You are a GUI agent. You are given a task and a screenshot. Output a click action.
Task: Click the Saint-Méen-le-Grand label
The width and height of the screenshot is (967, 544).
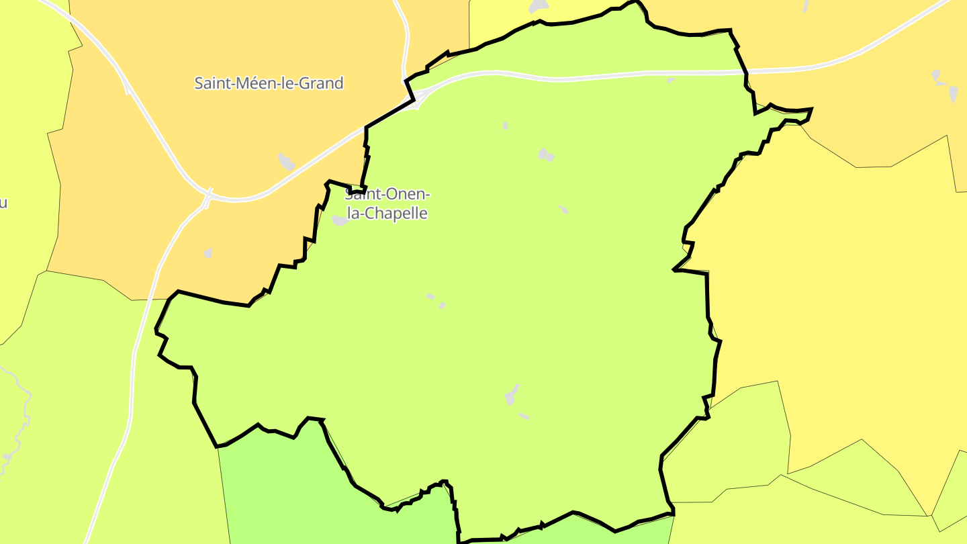click(x=269, y=83)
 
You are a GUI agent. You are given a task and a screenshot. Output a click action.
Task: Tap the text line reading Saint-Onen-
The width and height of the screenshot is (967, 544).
click(x=387, y=195)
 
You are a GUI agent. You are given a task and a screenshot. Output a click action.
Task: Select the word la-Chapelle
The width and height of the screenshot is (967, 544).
click(x=387, y=214)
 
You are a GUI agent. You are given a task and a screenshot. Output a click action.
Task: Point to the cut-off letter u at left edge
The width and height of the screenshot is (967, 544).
click(x=3, y=203)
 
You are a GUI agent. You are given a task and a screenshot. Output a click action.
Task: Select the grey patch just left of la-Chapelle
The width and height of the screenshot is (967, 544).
click(x=340, y=220)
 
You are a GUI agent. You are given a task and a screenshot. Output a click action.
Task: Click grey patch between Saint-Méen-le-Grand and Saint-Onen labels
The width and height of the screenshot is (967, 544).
click(x=286, y=161)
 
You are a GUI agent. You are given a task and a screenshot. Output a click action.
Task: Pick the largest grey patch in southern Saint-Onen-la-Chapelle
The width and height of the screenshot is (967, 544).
click(x=512, y=396)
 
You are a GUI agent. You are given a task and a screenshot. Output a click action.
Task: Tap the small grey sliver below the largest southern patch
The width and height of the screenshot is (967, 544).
click(x=524, y=416)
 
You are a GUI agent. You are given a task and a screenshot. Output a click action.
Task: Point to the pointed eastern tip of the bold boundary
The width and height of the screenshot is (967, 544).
click(x=811, y=109)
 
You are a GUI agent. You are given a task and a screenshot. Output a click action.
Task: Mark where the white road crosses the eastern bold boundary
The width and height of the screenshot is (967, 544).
click(x=746, y=71)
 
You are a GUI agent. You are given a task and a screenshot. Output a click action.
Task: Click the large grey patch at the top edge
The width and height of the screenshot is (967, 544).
click(x=539, y=6)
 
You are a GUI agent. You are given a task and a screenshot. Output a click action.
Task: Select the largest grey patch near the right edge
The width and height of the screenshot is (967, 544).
click(x=953, y=93)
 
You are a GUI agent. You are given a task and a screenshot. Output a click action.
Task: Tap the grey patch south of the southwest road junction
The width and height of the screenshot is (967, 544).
click(x=208, y=253)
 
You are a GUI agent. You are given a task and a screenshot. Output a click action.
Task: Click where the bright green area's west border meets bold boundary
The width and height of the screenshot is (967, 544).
click(x=218, y=446)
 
